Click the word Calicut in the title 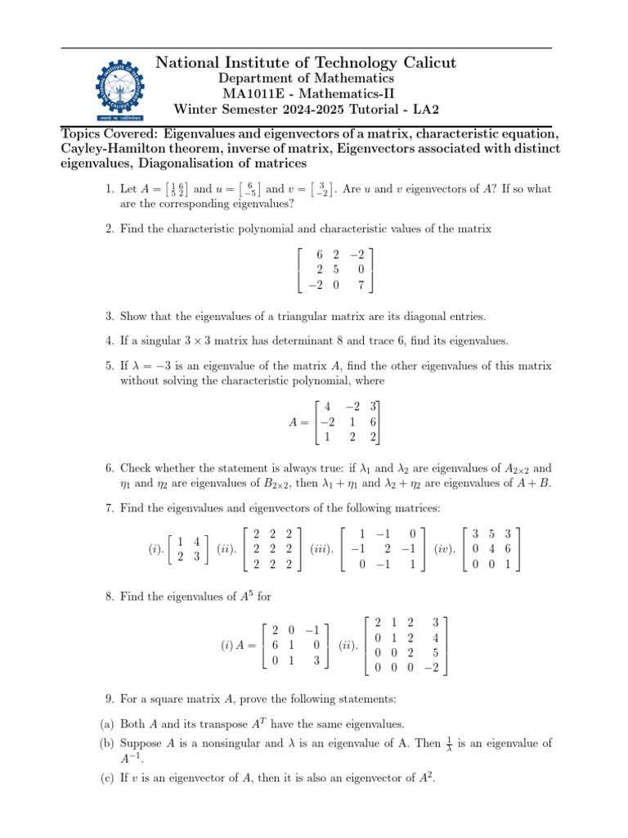pyautogui.click(x=417, y=63)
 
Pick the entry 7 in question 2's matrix pyautogui.click(x=361, y=286)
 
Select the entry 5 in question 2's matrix pyautogui.click(x=337, y=270)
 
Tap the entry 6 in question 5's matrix pyautogui.click(x=372, y=422)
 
